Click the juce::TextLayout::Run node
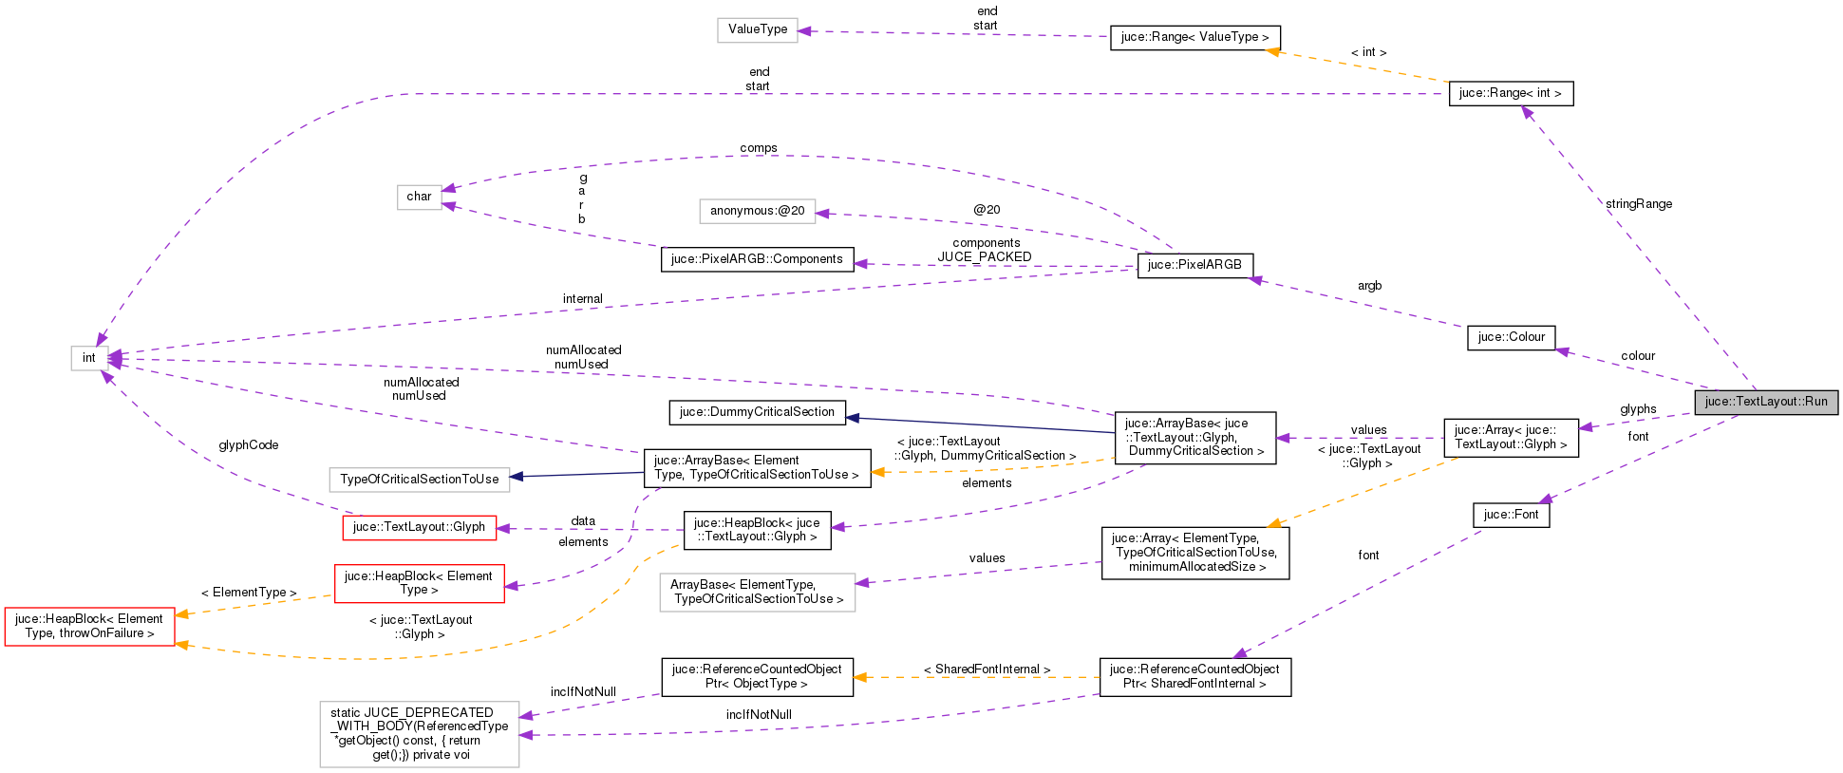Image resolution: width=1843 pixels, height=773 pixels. (x=1765, y=402)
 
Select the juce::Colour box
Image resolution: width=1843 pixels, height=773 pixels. (x=1511, y=337)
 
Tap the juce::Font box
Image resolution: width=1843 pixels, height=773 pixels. (x=1511, y=515)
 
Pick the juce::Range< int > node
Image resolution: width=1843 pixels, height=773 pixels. (x=1510, y=93)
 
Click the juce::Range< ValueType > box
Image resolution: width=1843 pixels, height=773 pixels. (x=1194, y=37)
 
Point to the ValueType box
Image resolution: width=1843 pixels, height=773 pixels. (x=757, y=29)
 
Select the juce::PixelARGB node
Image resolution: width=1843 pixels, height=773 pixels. (x=1194, y=265)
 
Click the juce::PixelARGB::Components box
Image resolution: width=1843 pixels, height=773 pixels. (x=757, y=259)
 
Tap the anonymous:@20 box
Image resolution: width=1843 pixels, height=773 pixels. (x=757, y=211)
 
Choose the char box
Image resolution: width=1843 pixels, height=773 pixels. (x=419, y=197)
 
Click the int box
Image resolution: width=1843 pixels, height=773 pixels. (x=88, y=358)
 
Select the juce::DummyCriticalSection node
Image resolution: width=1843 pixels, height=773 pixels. (x=757, y=412)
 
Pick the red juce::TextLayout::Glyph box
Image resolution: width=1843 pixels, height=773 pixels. (x=419, y=527)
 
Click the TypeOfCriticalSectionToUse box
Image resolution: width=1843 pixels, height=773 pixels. (x=419, y=480)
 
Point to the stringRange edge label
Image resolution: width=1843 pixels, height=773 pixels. (x=1639, y=204)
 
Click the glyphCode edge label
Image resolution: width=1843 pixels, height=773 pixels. (x=248, y=445)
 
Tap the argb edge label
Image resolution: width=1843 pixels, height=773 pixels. (x=1369, y=286)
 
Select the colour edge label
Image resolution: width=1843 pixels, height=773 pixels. (x=1638, y=356)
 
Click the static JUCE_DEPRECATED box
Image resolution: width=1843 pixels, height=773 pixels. (x=419, y=734)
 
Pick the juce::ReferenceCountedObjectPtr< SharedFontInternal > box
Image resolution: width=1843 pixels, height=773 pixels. (x=1194, y=676)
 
